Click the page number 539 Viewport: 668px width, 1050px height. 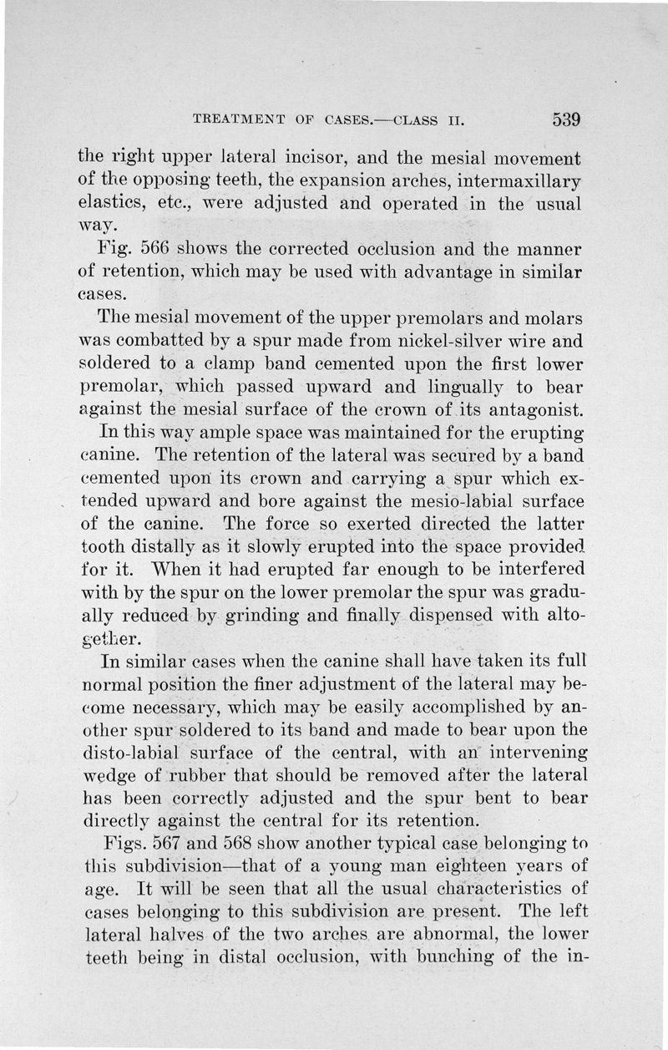click(x=566, y=119)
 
